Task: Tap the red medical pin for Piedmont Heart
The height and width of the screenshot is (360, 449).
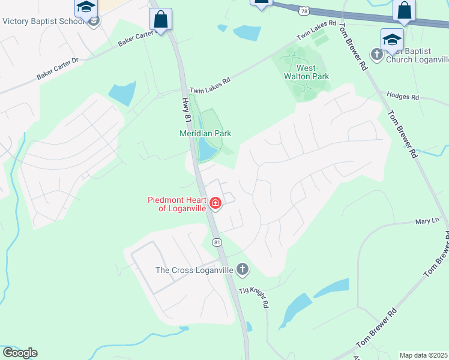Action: pyautogui.click(x=215, y=204)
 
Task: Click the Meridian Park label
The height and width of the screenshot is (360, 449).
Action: pyautogui.click(x=205, y=133)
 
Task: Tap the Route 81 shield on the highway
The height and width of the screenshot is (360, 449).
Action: pyautogui.click(x=217, y=242)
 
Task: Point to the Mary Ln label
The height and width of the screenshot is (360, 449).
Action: pyautogui.click(x=427, y=221)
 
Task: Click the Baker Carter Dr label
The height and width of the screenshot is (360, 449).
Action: pyautogui.click(x=58, y=69)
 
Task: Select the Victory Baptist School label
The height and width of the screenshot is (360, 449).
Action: pyautogui.click(x=43, y=21)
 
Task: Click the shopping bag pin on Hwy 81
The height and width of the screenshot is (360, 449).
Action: pyautogui.click(x=160, y=19)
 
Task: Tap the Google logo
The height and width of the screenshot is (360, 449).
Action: pyautogui.click(x=20, y=353)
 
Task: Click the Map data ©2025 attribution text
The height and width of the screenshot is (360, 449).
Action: pyautogui.click(x=423, y=355)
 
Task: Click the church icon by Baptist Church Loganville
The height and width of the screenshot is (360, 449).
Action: pyautogui.click(x=377, y=55)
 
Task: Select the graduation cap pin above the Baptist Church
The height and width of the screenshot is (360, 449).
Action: pyautogui.click(x=392, y=40)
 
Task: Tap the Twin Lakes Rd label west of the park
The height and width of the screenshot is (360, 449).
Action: pyautogui.click(x=210, y=84)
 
